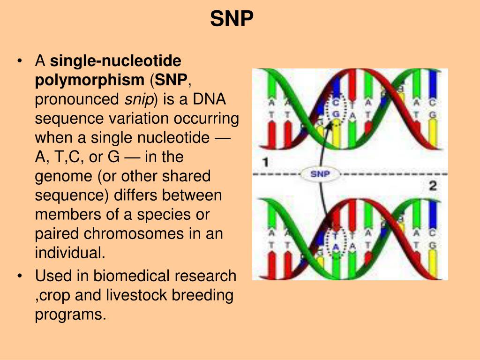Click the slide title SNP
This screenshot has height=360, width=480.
click(x=232, y=19)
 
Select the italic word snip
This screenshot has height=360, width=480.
click(x=135, y=99)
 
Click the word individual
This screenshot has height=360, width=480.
click(x=69, y=253)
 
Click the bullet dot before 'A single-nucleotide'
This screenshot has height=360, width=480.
click(x=19, y=61)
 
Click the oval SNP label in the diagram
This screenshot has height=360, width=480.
click(x=321, y=174)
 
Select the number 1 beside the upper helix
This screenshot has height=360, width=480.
click(x=265, y=163)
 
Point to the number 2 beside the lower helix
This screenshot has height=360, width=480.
click(x=433, y=186)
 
